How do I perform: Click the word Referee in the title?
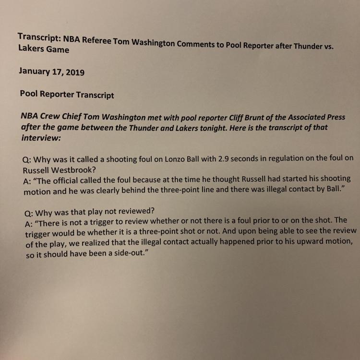(x=96, y=39)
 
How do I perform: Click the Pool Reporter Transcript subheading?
(x=67, y=94)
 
